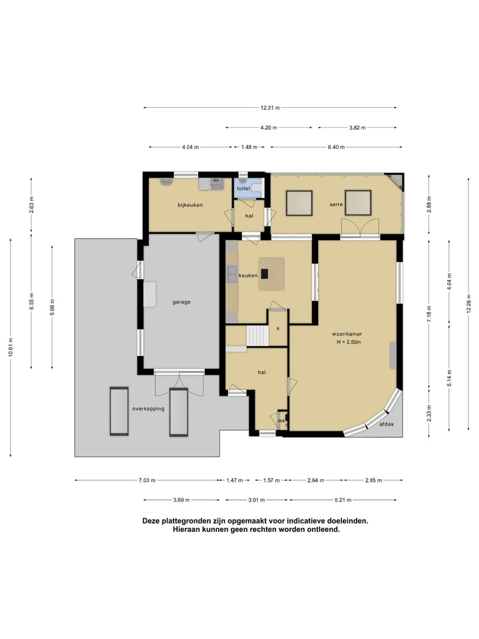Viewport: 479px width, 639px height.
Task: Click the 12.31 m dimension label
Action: click(x=270, y=108)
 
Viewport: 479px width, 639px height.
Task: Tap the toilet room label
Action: click(x=243, y=188)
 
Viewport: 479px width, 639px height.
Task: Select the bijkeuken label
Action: click(x=190, y=205)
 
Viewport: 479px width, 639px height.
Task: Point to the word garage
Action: click(x=181, y=302)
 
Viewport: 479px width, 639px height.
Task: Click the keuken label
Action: click(x=248, y=276)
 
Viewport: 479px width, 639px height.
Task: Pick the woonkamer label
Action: click(x=347, y=334)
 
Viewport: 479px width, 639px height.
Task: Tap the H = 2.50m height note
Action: click(x=349, y=342)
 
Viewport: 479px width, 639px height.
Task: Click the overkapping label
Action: click(x=148, y=409)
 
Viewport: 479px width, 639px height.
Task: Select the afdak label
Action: click(x=387, y=424)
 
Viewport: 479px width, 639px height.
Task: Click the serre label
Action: click(x=337, y=204)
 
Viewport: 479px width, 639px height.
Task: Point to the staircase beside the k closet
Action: click(x=257, y=336)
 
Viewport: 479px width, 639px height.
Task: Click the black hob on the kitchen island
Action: click(x=265, y=274)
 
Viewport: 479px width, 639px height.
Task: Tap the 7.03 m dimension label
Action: click(x=147, y=481)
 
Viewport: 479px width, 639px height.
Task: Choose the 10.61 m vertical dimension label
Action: click(x=10, y=347)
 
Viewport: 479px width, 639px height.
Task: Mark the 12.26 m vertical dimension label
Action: click(x=469, y=304)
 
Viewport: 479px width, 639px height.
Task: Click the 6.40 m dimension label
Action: click(x=337, y=147)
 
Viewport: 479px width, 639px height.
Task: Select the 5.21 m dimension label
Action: click(x=343, y=500)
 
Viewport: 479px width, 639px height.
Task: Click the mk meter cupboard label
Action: click(x=281, y=421)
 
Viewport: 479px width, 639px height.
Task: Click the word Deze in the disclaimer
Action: click(x=151, y=521)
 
